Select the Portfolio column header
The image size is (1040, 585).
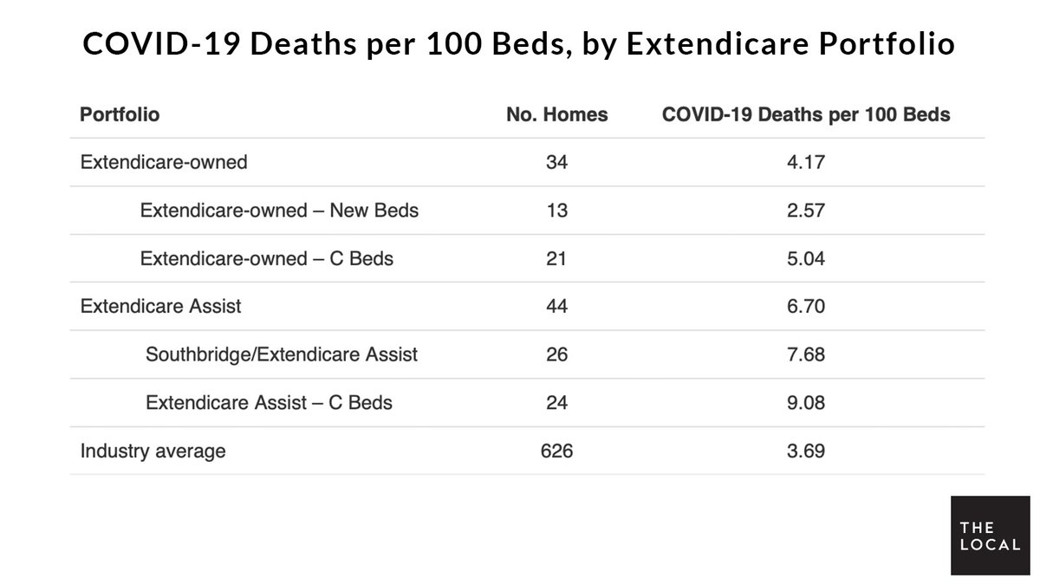[120, 114]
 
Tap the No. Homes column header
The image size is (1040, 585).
[557, 114]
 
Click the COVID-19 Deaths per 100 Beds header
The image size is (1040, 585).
[806, 114]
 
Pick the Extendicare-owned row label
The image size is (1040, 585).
[164, 162]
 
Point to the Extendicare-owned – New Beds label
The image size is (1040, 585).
[279, 210]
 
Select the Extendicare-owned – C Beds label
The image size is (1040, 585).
[267, 258]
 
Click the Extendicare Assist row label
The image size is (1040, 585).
[160, 306]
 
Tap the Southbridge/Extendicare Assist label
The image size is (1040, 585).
[282, 354]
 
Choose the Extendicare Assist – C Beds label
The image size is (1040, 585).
[270, 402]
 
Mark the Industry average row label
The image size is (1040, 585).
[153, 451]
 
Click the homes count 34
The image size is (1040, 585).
[557, 162]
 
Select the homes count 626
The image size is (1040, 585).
[557, 451]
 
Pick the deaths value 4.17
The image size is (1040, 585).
[806, 162]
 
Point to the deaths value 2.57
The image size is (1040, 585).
[806, 210]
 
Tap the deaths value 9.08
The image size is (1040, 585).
[806, 402]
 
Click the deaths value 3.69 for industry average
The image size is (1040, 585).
[806, 451]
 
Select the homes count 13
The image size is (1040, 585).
[557, 210]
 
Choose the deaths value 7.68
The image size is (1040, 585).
[806, 354]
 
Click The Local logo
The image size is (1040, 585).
[988, 536]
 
